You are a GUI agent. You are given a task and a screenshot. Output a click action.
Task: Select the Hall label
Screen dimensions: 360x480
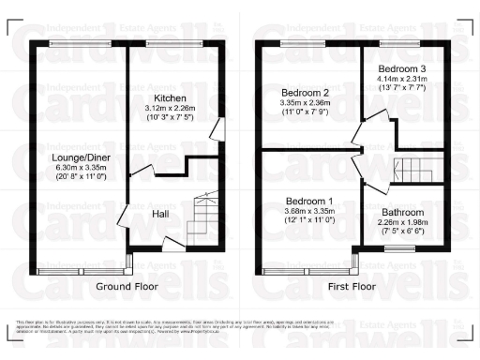point(161,214)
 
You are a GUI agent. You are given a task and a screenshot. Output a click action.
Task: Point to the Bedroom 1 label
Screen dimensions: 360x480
point(309,202)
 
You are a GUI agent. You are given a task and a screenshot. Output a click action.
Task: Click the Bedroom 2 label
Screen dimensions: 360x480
point(305,93)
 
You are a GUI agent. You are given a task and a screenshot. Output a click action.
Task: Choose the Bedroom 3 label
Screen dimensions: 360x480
point(402,70)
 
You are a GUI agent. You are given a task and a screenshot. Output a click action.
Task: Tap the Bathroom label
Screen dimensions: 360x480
point(401,213)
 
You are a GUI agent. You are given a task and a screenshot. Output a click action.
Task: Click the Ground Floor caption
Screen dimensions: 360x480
point(127,286)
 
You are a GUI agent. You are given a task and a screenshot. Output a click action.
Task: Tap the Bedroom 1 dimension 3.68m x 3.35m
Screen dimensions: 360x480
point(309,213)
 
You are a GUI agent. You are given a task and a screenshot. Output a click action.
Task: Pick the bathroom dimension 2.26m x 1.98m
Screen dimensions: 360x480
point(401,224)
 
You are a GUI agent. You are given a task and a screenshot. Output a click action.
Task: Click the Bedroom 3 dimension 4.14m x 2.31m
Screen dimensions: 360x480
point(402,82)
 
